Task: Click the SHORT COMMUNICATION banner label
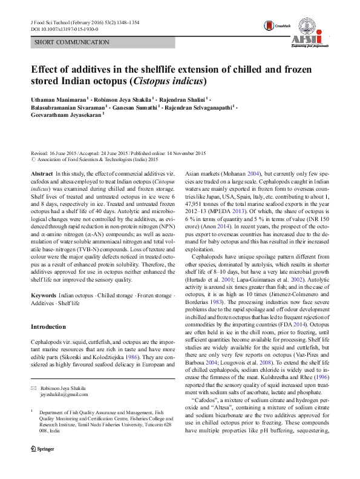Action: click(73, 42)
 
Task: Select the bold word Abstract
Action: click(42, 173)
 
